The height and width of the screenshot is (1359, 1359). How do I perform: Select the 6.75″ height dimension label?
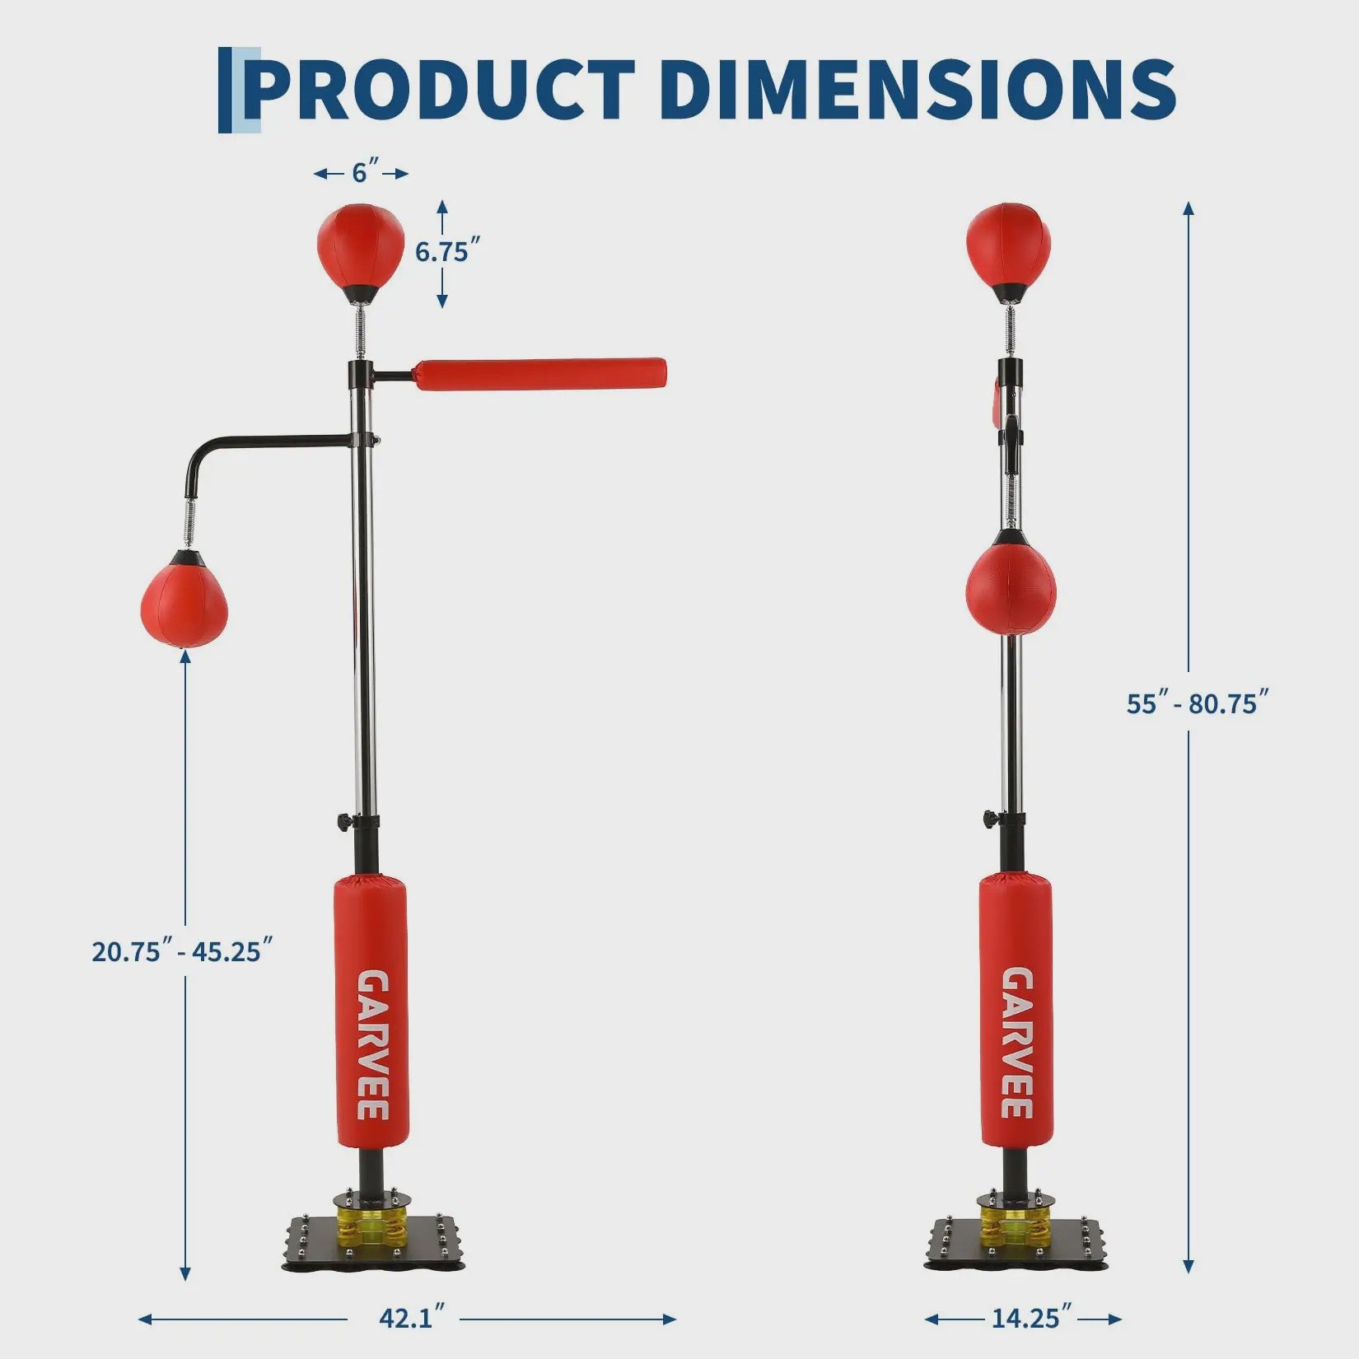pyautogui.click(x=447, y=251)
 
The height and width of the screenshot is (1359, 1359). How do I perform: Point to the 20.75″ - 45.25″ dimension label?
pyautogui.click(x=181, y=951)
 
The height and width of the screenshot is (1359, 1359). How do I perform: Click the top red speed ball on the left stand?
pyautogui.click(x=361, y=245)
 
